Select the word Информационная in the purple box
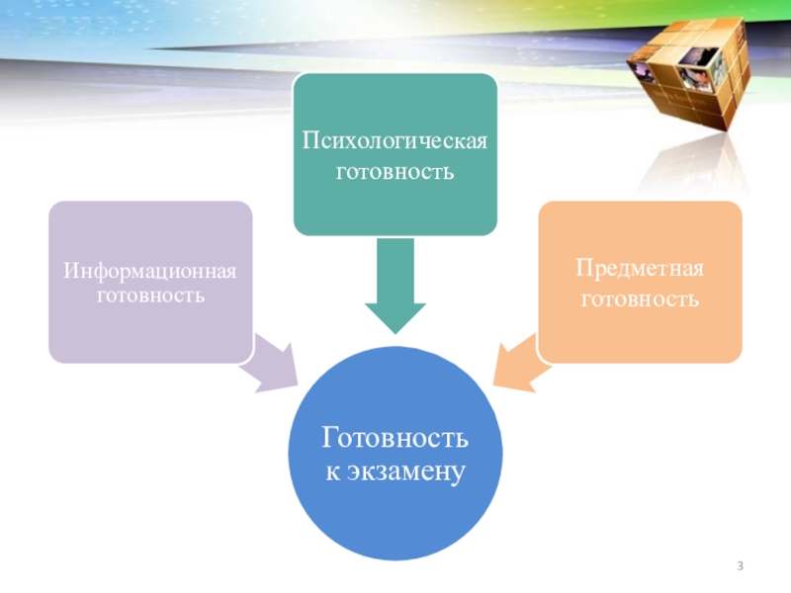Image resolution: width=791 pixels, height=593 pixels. (x=150, y=269)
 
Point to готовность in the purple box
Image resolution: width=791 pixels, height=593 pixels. (x=150, y=295)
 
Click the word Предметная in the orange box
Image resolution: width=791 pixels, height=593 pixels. (x=640, y=269)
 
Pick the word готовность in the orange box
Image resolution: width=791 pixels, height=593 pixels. (x=640, y=297)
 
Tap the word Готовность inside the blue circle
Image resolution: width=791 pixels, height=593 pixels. (x=395, y=439)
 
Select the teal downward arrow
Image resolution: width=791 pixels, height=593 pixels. (x=395, y=287)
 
